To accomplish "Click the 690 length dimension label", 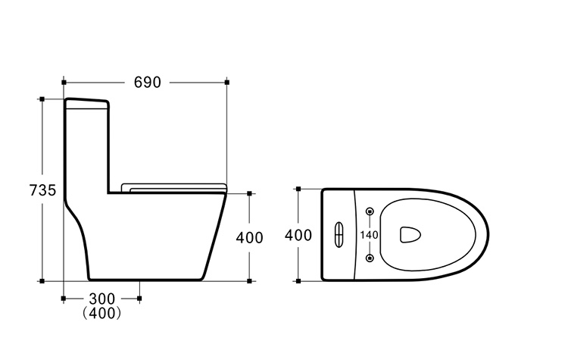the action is (147, 83).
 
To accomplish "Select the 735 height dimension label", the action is (42, 190).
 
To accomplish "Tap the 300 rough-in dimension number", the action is (101, 299).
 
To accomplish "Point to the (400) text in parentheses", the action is (101, 313).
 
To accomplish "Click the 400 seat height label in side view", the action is (250, 238).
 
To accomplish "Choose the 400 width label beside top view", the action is (298, 235).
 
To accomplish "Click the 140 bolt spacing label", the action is (369, 235).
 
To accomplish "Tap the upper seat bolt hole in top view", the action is (370, 211).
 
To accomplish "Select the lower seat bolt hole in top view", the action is (370, 258).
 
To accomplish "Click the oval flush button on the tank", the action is (339, 235).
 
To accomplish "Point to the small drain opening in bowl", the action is (410, 234).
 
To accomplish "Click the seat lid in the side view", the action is (174, 188).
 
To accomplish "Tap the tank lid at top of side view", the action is (86, 103).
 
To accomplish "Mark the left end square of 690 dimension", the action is (64, 83).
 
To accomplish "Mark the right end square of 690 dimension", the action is (226, 83).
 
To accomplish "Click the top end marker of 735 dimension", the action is (42, 99).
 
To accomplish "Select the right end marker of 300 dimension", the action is (140, 299).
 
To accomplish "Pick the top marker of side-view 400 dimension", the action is (249, 193).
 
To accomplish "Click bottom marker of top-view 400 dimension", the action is (298, 281).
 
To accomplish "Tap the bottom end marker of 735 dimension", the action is (42, 281).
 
